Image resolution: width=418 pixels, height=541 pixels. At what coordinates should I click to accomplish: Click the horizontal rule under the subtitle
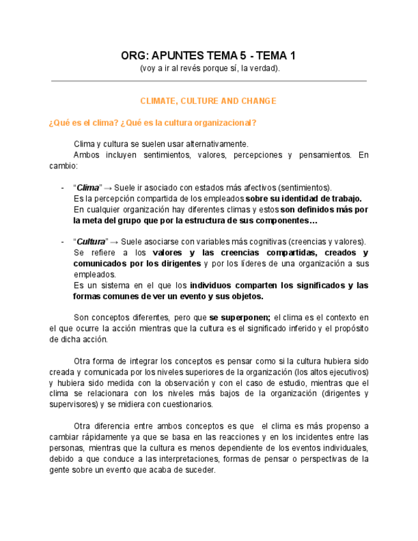(x=209, y=81)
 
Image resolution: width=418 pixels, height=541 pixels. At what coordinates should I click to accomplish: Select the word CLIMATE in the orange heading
(x=158, y=101)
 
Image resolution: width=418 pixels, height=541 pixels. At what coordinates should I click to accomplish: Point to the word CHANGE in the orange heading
(x=259, y=101)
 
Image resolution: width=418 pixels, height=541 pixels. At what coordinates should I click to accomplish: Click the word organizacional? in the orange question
(x=225, y=122)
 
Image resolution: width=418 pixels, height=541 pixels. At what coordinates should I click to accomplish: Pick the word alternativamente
(x=218, y=144)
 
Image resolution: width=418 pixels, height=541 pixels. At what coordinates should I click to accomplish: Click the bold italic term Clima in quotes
(x=88, y=188)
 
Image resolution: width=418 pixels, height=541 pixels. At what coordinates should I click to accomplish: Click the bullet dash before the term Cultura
(x=62, y=242)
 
